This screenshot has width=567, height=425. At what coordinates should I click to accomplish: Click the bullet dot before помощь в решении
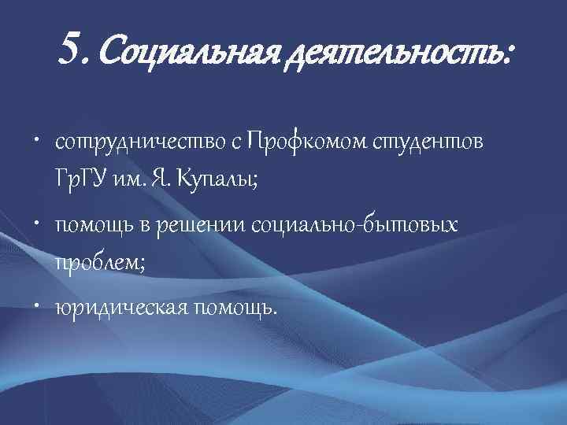tap(40, 226)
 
